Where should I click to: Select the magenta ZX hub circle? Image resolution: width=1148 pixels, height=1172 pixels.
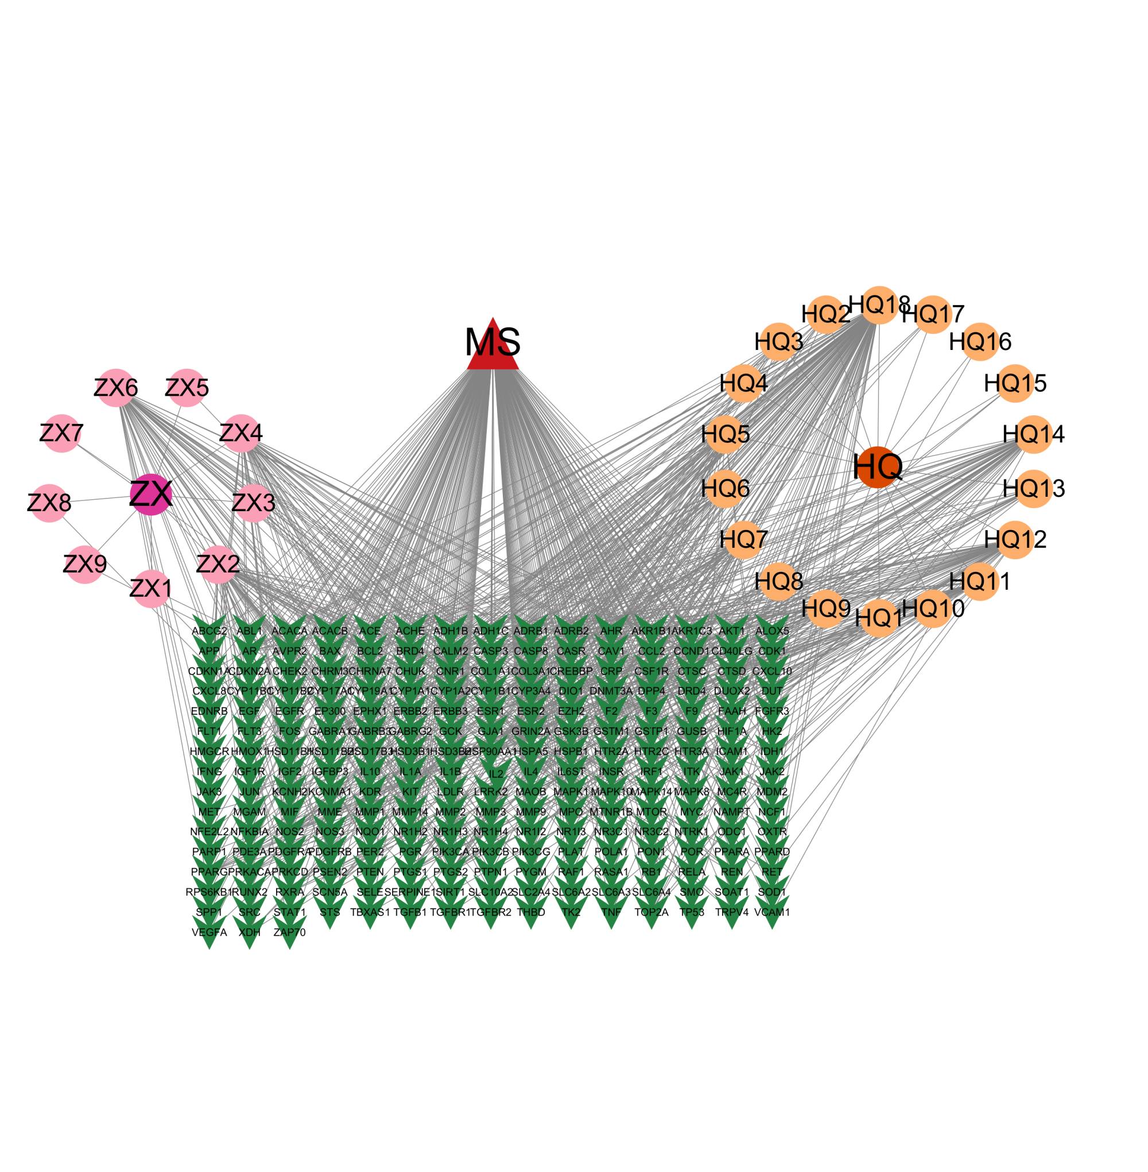pos(152,495)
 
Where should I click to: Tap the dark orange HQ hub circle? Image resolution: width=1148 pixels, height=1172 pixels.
pos(878,467)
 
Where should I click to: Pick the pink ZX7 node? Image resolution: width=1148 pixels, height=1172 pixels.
pos(61,433)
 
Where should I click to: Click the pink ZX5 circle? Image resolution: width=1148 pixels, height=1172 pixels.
pos(187,387)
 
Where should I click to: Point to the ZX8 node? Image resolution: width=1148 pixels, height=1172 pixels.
pos(49,503)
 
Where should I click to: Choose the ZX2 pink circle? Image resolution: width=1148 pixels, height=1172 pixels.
pos(218,564)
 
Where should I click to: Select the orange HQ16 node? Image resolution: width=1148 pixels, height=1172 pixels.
pos(980,342)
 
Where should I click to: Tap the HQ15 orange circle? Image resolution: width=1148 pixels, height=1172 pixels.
pos(1015,383)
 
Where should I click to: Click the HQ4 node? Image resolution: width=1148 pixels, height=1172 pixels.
pos(743,383)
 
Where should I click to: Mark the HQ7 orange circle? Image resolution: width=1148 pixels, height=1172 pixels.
pos(743,539)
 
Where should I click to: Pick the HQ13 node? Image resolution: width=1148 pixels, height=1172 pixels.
pos(1033,488)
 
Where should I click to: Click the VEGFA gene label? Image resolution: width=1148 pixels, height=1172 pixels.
pos(209,932)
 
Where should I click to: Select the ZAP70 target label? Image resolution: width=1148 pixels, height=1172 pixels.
pos(289,932)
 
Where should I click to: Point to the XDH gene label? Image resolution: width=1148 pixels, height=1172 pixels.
pos(250,932)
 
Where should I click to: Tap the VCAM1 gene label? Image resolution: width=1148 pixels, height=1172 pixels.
pos(772,912)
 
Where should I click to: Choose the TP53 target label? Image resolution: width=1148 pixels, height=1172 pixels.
pos(692,912)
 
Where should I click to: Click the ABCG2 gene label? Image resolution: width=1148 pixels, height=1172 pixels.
pos(209,631)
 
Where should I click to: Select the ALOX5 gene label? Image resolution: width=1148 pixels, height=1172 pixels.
pos(772,631)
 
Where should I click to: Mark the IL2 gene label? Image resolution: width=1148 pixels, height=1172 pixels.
pos(495,774)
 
